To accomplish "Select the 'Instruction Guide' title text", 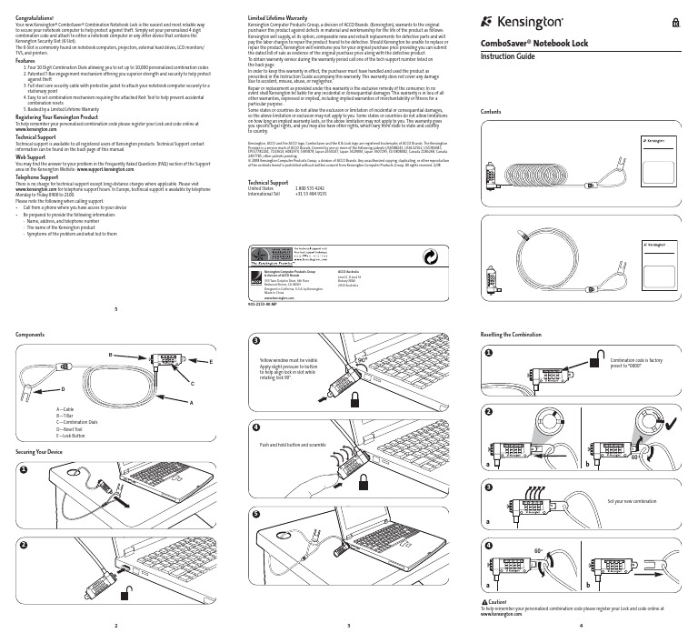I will pyautogui.click(x=509, y=56).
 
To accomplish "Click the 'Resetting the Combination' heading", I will pyautogui.click(x=515, y=335).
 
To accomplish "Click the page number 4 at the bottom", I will pyautogui.click(x=581, y=627).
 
